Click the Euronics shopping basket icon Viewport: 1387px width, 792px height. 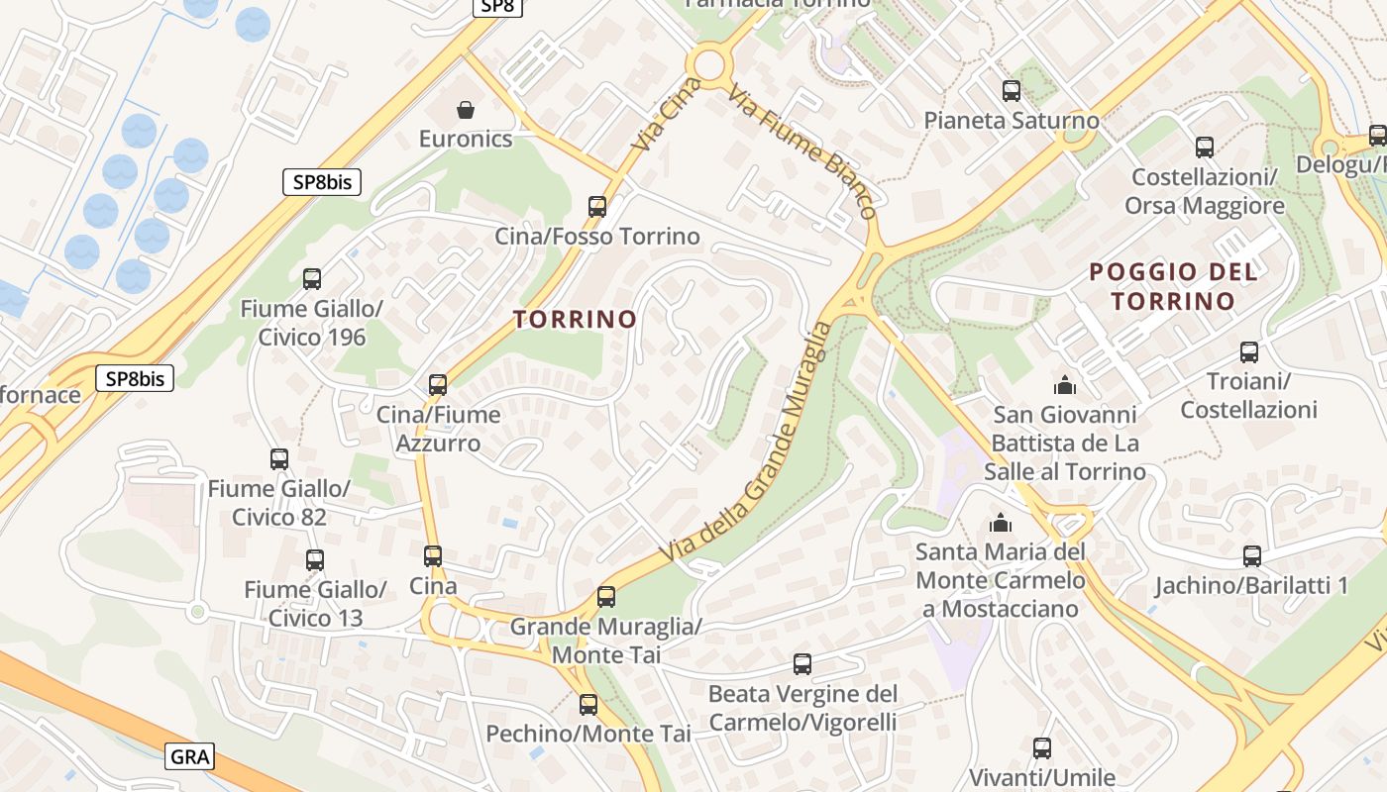coord(466,109)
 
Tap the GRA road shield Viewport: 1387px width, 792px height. coord(190,757)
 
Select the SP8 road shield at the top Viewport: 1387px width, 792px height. coord(495,6)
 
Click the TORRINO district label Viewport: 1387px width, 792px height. coord(575,319)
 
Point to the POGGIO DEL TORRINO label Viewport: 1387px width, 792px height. coord(1173,286)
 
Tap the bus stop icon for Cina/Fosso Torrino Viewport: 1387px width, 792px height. coord(597,206)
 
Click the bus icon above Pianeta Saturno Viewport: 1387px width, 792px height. coord(1012,91)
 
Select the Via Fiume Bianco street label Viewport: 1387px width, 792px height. coord(802,151)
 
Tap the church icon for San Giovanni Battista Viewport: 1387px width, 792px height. coord(1065,384)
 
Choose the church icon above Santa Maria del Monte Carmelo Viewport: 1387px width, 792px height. coord(1001,522)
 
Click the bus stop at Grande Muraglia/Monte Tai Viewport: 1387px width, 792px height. coord(606,597)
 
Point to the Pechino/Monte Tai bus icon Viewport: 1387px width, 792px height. coord(588,705)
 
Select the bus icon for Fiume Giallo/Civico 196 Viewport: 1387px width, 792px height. coord(312,279)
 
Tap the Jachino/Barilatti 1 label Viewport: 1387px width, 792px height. coord(1251,585)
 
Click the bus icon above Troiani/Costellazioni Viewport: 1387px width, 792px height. coord(1249,352)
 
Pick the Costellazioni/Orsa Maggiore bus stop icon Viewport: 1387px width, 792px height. coord(1205,148)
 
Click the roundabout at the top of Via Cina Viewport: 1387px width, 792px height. coord(709,65)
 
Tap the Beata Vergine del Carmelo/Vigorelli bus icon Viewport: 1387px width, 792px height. coord(802,664)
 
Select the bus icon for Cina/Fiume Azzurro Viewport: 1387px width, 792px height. coord(438,385)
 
